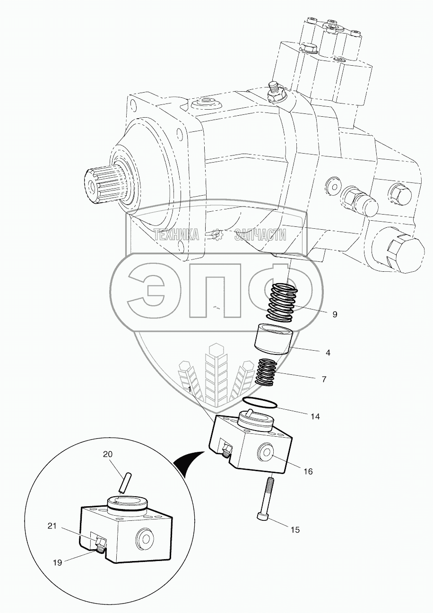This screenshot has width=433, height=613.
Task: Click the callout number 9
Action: pyautogui.click(x=335, y=314)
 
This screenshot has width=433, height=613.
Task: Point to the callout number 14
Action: pyautogui.click(x=315, y=416)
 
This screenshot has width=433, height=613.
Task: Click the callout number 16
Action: pyautogui.click(x=308, y=471)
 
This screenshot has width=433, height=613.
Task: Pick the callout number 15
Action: pyautogui.click(x=294, y=530)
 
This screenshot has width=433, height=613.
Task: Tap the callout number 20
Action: pyautogui.click(x=108, y=455)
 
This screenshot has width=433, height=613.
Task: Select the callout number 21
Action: pyautogui.click(x=52, y=526)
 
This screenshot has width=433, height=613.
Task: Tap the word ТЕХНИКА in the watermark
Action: pyautogui.click(x=176, y=234)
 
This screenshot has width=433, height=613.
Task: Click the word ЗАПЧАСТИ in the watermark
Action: pyautogui.click(x=261, y=234)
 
